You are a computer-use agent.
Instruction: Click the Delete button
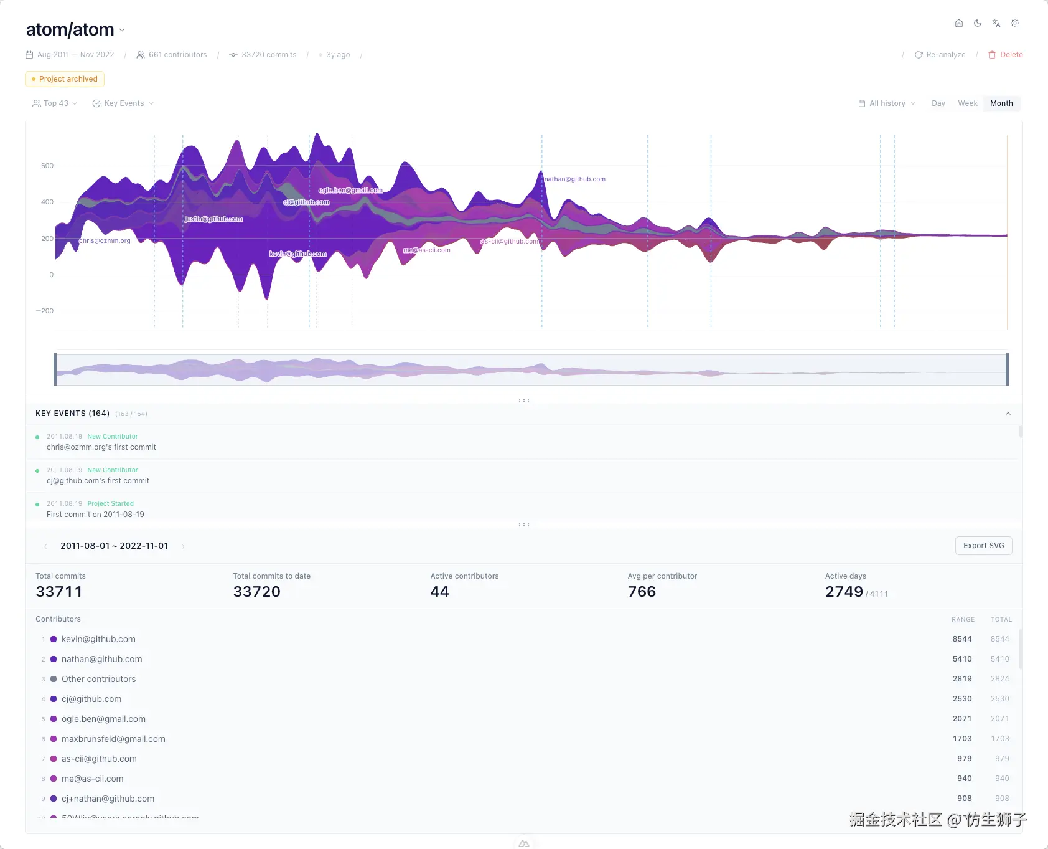1006,55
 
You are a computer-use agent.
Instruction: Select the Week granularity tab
967,103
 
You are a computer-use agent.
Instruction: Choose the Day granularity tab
938,103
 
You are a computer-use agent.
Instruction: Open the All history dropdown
887,103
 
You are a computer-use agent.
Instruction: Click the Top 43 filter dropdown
55,103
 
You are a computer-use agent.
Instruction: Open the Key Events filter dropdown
123,103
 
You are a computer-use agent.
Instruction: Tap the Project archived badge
65,79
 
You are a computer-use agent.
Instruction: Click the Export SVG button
983,546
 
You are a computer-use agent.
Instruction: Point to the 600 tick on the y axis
47,166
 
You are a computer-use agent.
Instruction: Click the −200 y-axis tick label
45,311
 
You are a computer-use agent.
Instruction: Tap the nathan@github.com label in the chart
575,179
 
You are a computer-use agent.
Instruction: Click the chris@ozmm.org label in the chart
105,241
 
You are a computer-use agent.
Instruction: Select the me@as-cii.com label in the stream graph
427,250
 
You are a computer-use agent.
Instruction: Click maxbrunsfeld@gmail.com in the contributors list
113,739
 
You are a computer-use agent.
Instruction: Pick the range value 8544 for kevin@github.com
961,639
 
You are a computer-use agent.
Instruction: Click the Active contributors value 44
439,592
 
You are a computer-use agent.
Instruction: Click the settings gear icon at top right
1015,23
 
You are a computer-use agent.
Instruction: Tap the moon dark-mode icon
978,23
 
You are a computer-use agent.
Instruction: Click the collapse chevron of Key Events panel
1008,414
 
